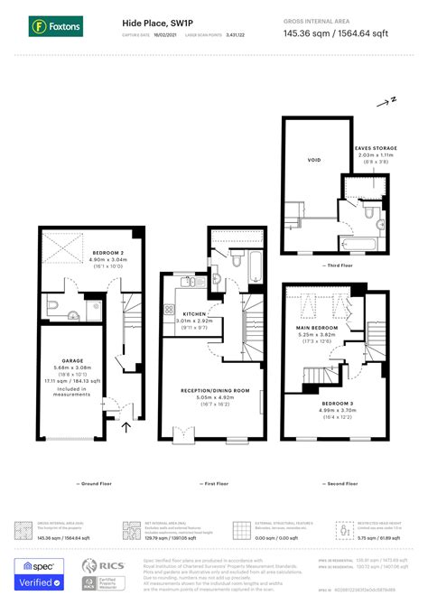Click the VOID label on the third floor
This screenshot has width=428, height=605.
(x=313, y=160)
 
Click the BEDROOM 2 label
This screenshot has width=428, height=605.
(x=107, y=252)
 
